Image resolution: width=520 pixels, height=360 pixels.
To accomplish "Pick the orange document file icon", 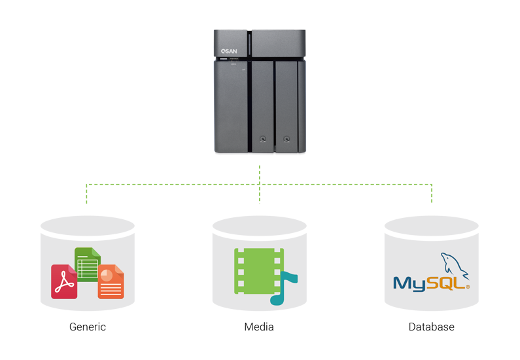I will point(111,282).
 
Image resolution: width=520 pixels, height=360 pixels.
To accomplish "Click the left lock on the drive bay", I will point(262,139).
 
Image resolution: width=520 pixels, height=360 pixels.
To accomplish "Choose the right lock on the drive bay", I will point(286,139).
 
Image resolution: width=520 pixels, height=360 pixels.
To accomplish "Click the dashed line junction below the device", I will point(260,185).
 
